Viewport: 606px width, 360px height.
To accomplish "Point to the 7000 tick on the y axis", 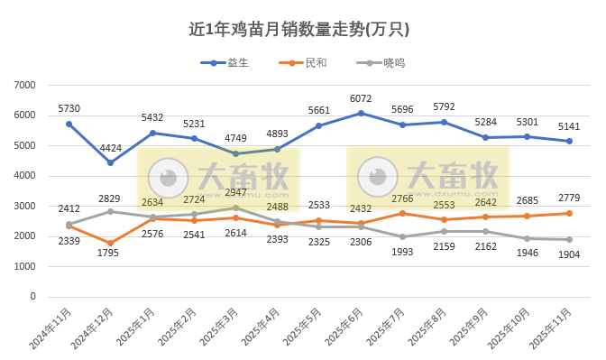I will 25,85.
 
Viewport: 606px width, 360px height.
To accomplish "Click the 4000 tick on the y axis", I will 25,176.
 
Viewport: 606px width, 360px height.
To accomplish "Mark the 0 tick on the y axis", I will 32,296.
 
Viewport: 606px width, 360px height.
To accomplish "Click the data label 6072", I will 361,98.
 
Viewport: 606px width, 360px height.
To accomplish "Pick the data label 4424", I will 110,148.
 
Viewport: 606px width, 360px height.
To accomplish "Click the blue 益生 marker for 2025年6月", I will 361,113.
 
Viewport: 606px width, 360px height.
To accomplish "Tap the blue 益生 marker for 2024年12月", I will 110,162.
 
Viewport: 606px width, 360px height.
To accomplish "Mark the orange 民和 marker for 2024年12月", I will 110,243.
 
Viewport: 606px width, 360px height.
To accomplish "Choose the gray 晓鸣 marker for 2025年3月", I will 235,208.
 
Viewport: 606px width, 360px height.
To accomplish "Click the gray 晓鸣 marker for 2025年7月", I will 402,236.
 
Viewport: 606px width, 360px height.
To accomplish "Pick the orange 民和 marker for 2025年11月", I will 569,213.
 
